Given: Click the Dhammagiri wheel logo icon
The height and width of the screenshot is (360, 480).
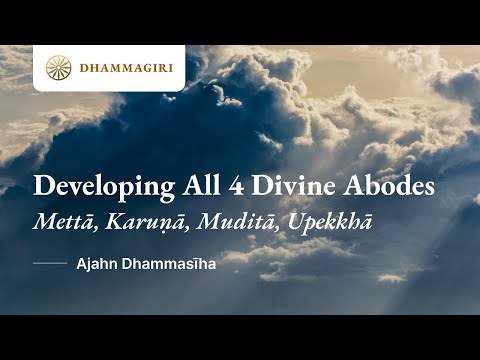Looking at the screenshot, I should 58,67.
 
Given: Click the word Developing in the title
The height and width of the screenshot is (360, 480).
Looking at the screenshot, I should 92,187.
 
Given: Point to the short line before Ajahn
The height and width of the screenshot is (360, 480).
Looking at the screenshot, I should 49,265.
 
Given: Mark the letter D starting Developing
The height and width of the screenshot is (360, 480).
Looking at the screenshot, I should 42,185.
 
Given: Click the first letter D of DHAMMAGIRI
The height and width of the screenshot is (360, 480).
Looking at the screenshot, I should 84,68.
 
